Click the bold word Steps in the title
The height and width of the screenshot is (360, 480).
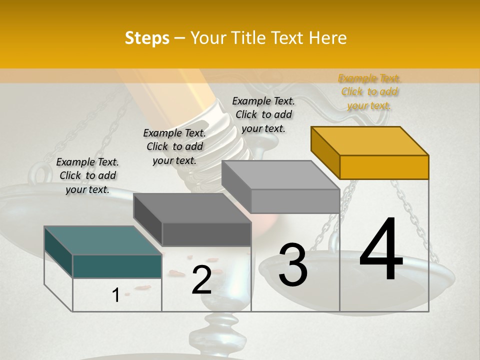pos(146,38)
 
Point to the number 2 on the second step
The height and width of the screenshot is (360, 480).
pos(201,280)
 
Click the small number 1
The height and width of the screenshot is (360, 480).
pos(115,295)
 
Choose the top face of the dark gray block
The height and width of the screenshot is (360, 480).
pos(192,208)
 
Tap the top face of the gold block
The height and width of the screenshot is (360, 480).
pos(370,141)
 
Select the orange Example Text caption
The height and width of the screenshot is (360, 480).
pos(369,92)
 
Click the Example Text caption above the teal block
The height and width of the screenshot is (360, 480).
pos(87,175)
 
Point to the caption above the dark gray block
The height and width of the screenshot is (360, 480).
pos(174,146)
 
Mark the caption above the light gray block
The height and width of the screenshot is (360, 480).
pos(263,114)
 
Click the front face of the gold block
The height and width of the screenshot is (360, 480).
pos(384,167)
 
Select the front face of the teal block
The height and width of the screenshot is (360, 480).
pos(117,266)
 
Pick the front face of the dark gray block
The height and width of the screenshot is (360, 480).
pos(206,234)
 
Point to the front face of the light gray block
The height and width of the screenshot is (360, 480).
pos(295,201)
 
